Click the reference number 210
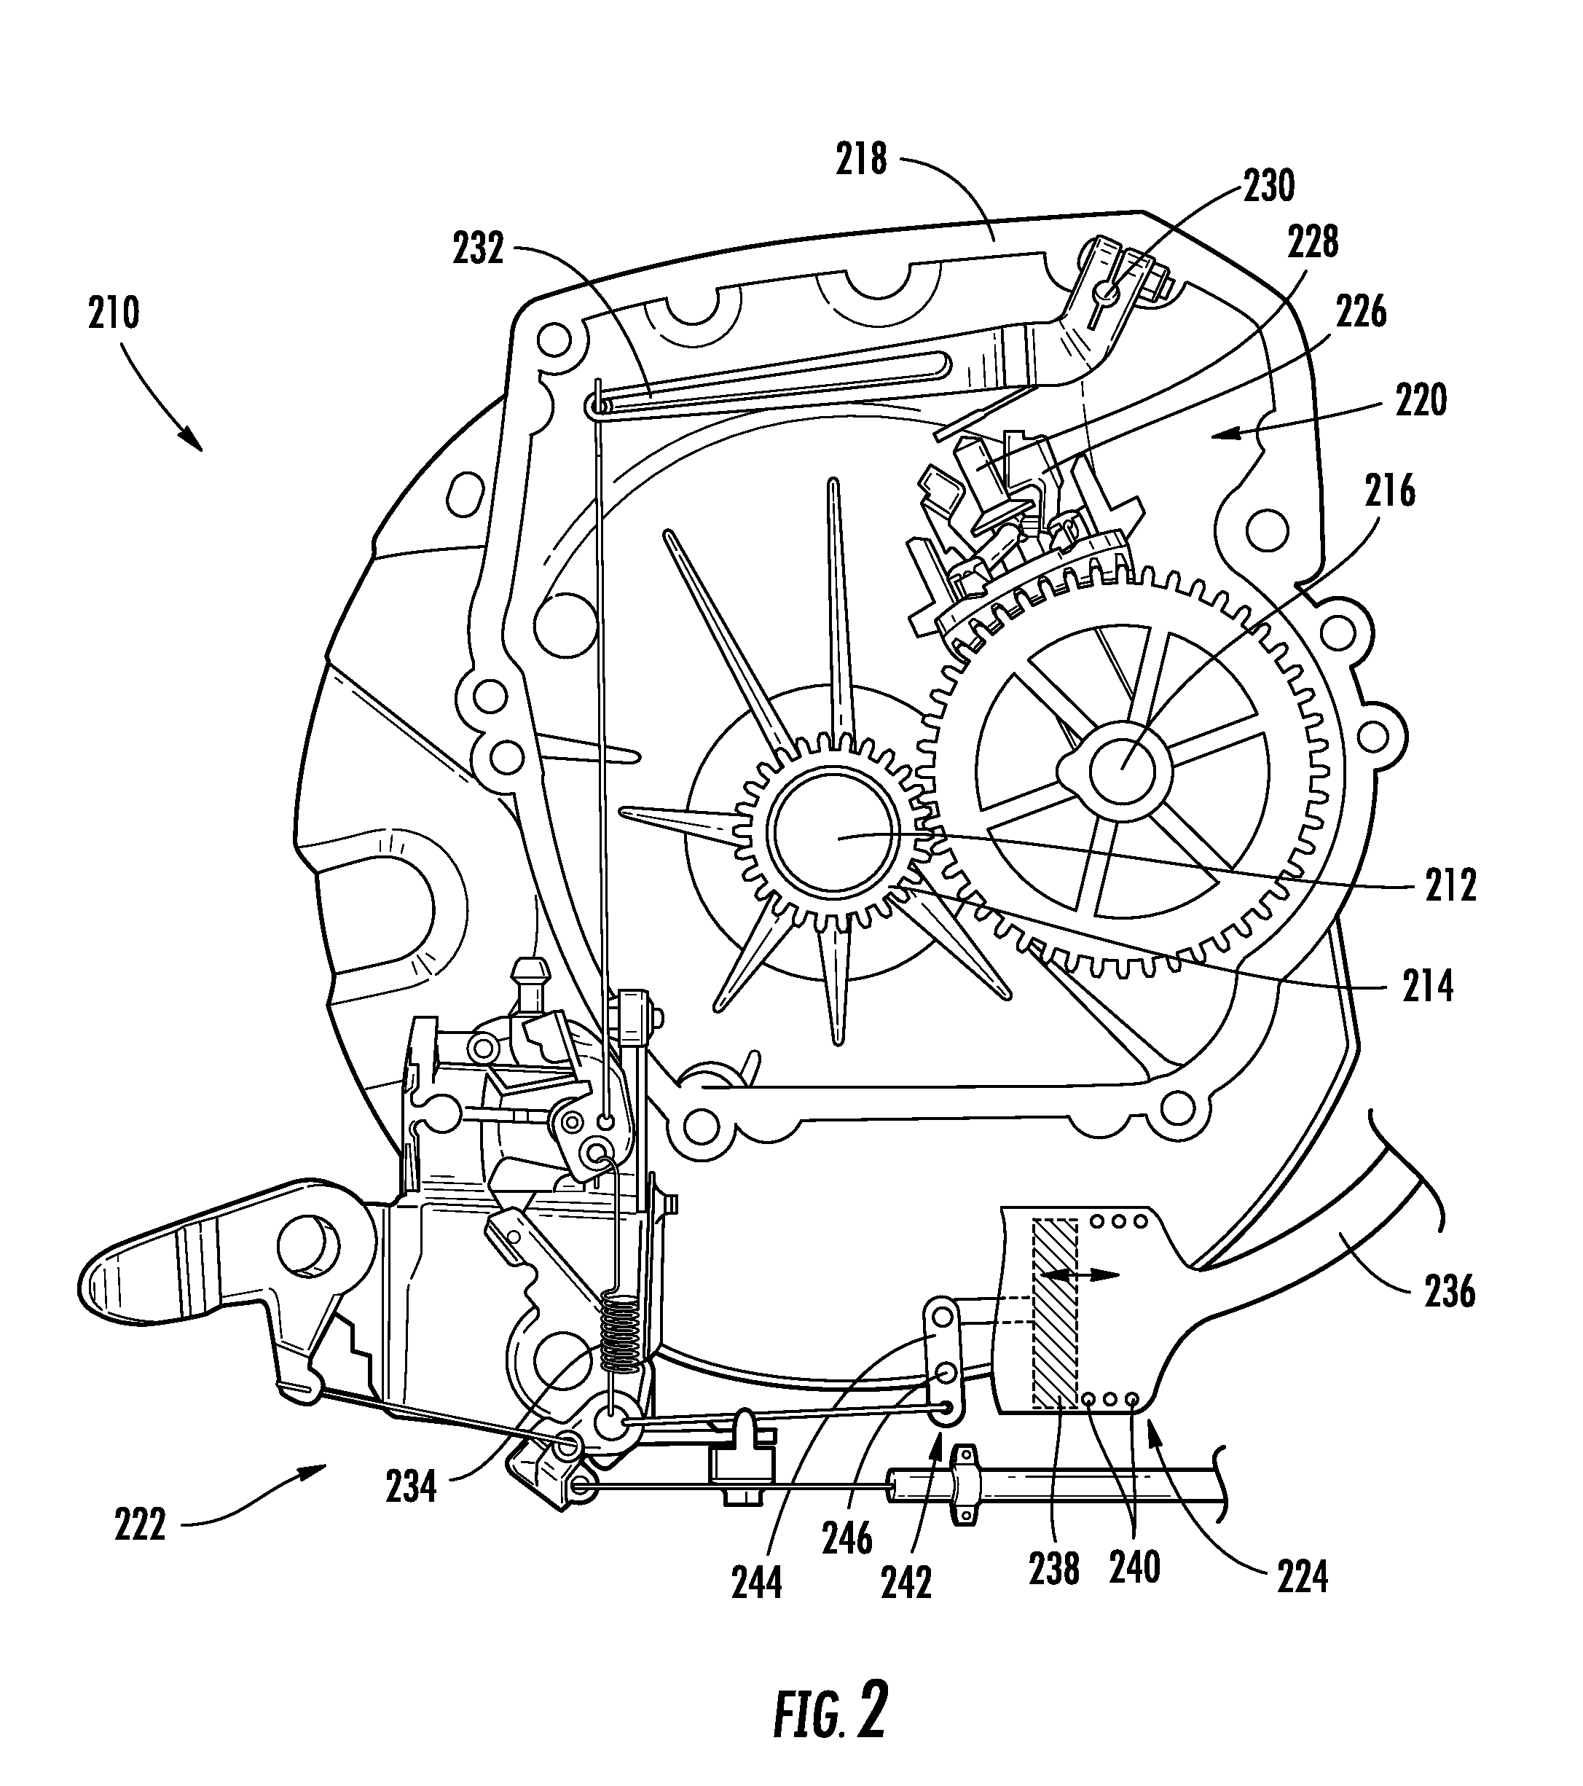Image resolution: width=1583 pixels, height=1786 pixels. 114,312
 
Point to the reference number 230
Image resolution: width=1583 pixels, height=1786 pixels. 1268,186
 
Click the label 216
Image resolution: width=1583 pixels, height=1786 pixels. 1391,492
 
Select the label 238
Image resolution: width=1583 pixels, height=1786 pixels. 1054,1570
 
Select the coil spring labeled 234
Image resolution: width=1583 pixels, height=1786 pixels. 623,1328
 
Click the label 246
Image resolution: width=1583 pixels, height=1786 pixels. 847,1539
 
